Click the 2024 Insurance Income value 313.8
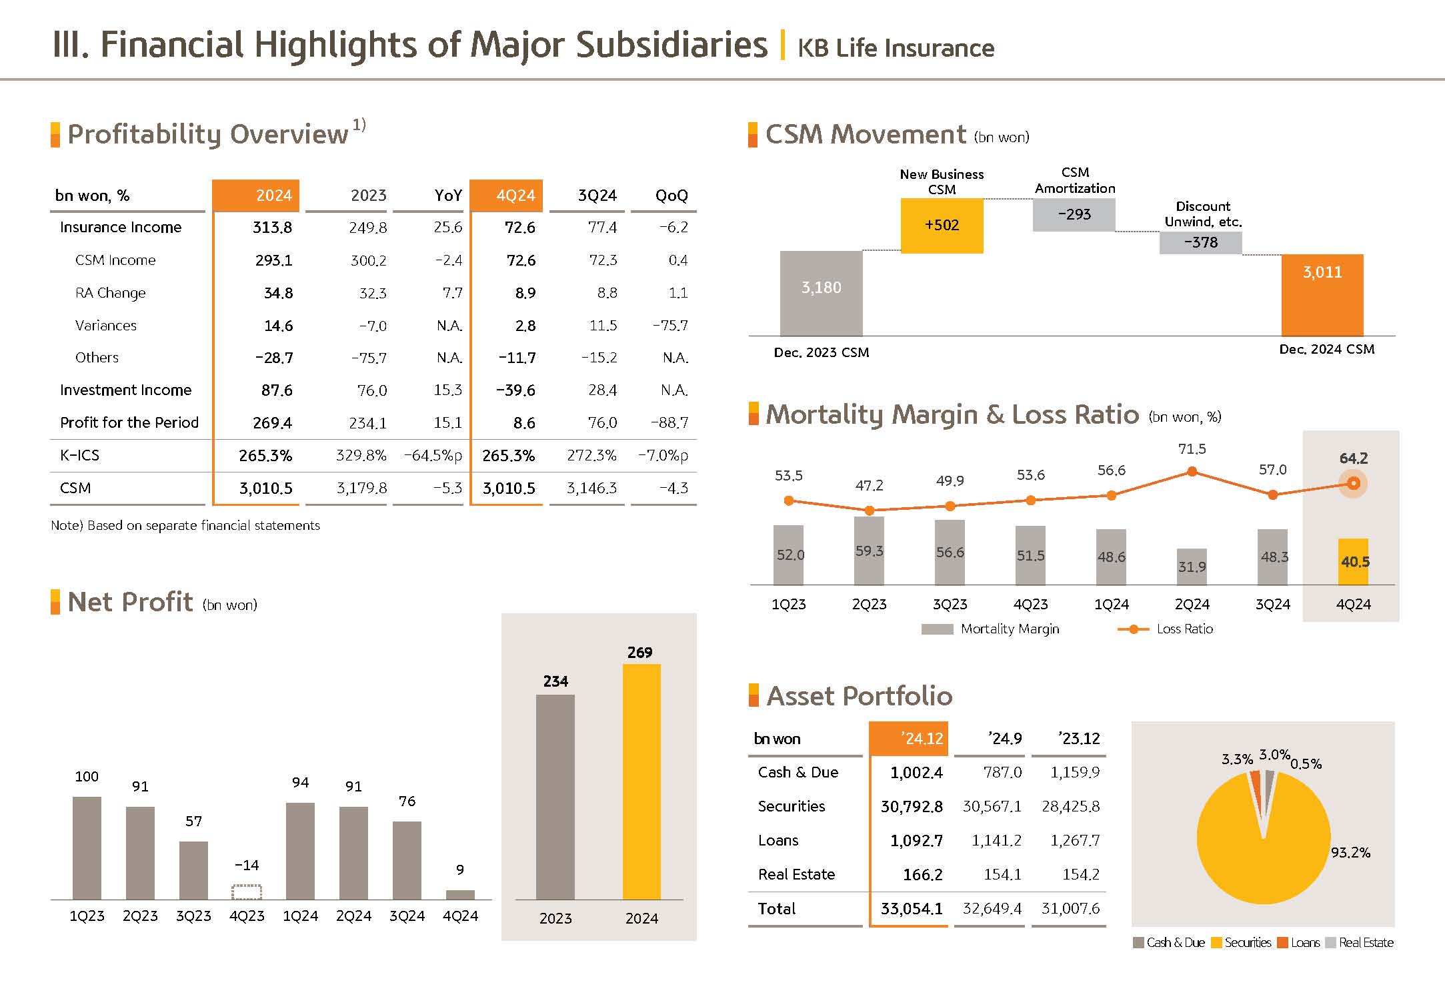click(272, 228)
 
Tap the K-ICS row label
click(79, 455)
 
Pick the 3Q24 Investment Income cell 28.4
click(602, 390)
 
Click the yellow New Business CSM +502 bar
click(942, 226)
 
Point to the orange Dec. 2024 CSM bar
click(1322, 295)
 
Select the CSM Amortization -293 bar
click(1074, 215)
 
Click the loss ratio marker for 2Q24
click(1192, 472)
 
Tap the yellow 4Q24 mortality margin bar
click(1353, 561)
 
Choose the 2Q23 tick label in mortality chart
click(869, 605)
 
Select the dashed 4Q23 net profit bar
click(247, 892)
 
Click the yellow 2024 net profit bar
click(641, 781)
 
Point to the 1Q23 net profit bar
click(87, 848)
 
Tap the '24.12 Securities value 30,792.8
click(912, 807)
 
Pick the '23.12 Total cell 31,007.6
click(1070, 908)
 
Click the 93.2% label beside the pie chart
click(1350, 852)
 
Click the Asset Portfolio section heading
click(859, 696)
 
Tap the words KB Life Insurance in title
click(896, 48)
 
